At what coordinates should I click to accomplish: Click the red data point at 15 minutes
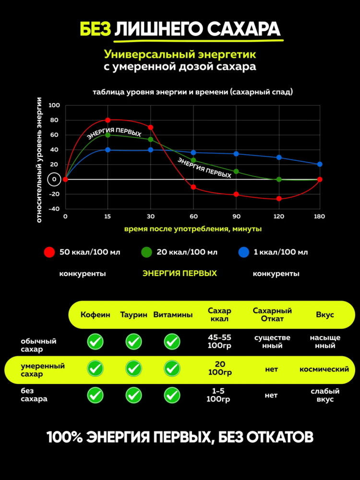pos(108,120)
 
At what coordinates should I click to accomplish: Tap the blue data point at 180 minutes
pos(320,164)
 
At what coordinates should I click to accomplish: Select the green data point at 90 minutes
pos(236,171)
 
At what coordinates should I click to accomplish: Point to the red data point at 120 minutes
pos(279,199)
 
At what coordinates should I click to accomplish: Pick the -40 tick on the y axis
pos(54,209)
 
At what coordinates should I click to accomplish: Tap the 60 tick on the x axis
pos(193,216)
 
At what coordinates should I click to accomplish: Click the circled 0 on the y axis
pos(54,180)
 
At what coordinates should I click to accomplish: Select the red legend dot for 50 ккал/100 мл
pos(49,252)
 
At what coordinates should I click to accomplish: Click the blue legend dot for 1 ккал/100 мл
pos(244,252)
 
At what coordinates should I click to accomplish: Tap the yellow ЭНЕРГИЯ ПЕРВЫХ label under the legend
pos(180,273)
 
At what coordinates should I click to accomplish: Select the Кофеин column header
pos(95,315)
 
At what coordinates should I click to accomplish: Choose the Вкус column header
pos(325,315)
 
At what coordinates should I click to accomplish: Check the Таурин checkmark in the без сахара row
pos(133,395)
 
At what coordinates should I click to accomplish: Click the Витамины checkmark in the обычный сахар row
pos(172,342)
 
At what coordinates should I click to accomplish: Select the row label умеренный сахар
pos(42,370)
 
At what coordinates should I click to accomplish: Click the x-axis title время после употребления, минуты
pos(193,229)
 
